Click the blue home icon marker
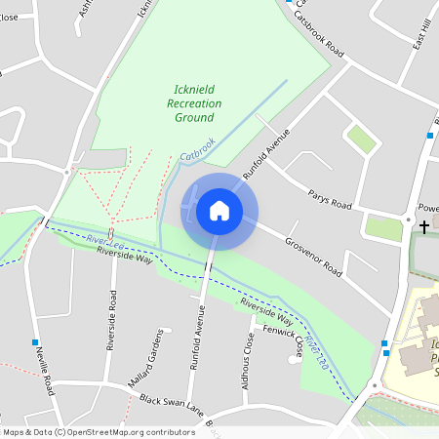pos(219,211)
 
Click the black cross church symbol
pos(423,226)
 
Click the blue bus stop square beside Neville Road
pos(36,342)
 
